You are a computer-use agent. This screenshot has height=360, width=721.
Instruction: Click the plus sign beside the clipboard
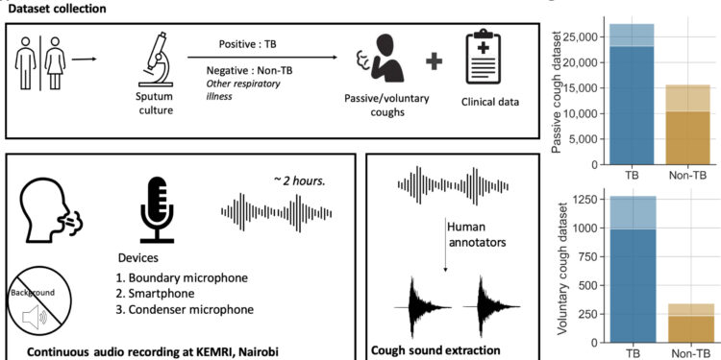click(x=435, y=62)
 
